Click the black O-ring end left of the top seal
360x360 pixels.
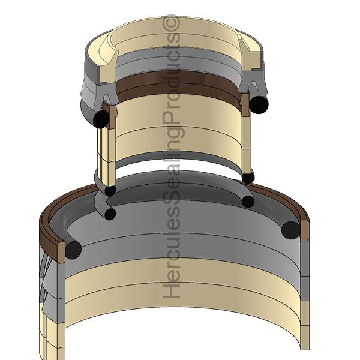point(101,119)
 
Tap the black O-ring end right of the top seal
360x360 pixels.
point(259,104)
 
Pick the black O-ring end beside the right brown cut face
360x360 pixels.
point(290,229)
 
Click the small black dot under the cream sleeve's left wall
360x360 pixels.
point(110,191)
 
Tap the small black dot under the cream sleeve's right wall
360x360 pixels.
point(248,177)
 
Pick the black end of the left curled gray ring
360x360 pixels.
point(109,214)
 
